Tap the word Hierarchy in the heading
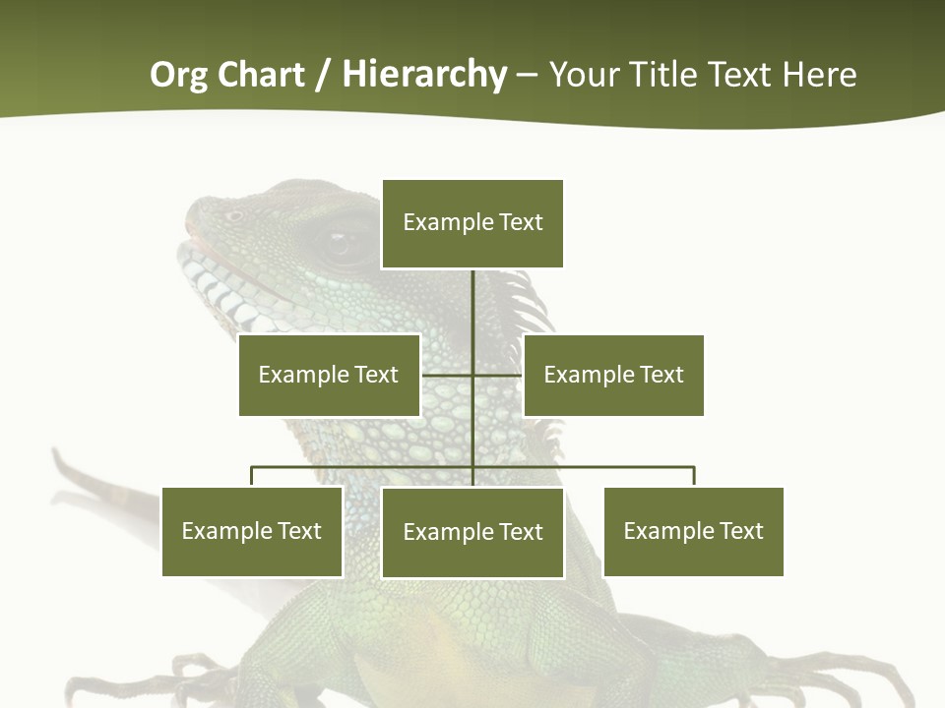coord(424,76)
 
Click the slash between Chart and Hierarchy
coord(324,76)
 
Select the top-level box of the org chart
coord(472,223)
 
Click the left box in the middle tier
coord(329,375)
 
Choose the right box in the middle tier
coord(613,375)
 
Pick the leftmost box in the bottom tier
coord(252,532)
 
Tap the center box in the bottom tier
coord(472,533)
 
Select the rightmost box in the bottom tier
coord(693,532)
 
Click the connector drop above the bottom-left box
coord(252,477)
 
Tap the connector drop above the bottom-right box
coord(694,477)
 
